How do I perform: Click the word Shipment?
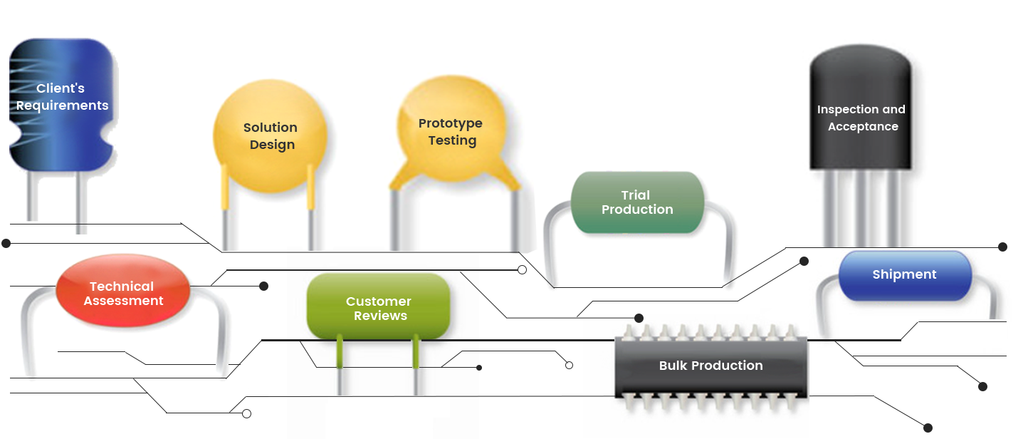tap(904, 274)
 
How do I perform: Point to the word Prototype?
tap(451, 123)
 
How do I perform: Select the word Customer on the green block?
tap(379, 301)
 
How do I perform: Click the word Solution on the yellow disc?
tap(271, 128)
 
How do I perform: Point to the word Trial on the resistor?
tap(636, 195)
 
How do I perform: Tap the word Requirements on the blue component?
tap(63, 105)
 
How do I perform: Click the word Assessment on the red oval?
tap(124, 301)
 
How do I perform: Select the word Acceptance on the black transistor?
tap(863, 127)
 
